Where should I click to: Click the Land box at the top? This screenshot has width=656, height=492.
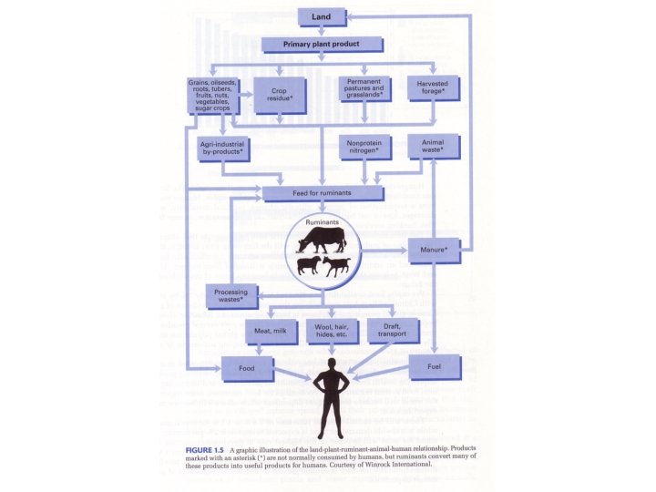click(322, 16)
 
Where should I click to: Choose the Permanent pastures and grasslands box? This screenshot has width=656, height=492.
click(364, 88)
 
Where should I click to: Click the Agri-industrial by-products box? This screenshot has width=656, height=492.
click(220, 148)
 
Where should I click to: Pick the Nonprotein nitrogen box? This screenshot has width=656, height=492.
click(364, 147)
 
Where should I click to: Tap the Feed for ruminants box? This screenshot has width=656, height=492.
click(322, 193)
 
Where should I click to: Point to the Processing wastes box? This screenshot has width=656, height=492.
click(231, 295)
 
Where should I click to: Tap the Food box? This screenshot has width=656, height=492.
click(247, 368)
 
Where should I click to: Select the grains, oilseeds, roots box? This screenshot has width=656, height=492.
click(211, 95)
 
